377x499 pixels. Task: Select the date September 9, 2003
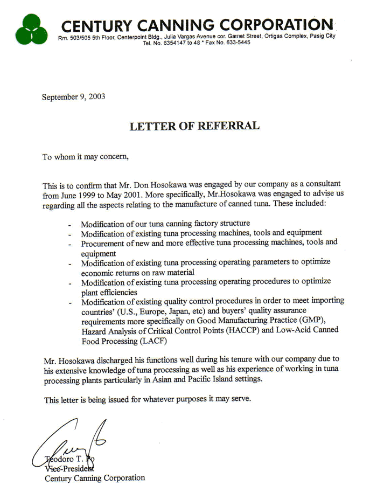[x=74, y=97]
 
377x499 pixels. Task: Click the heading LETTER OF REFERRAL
[x=194, y=126]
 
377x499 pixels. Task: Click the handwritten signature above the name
[x=67, y=442]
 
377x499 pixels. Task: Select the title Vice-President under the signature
[x=69, y=468]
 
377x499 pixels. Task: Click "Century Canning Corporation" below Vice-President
[x=94, y=478]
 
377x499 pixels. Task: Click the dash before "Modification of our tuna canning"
[x=71, y=224]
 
